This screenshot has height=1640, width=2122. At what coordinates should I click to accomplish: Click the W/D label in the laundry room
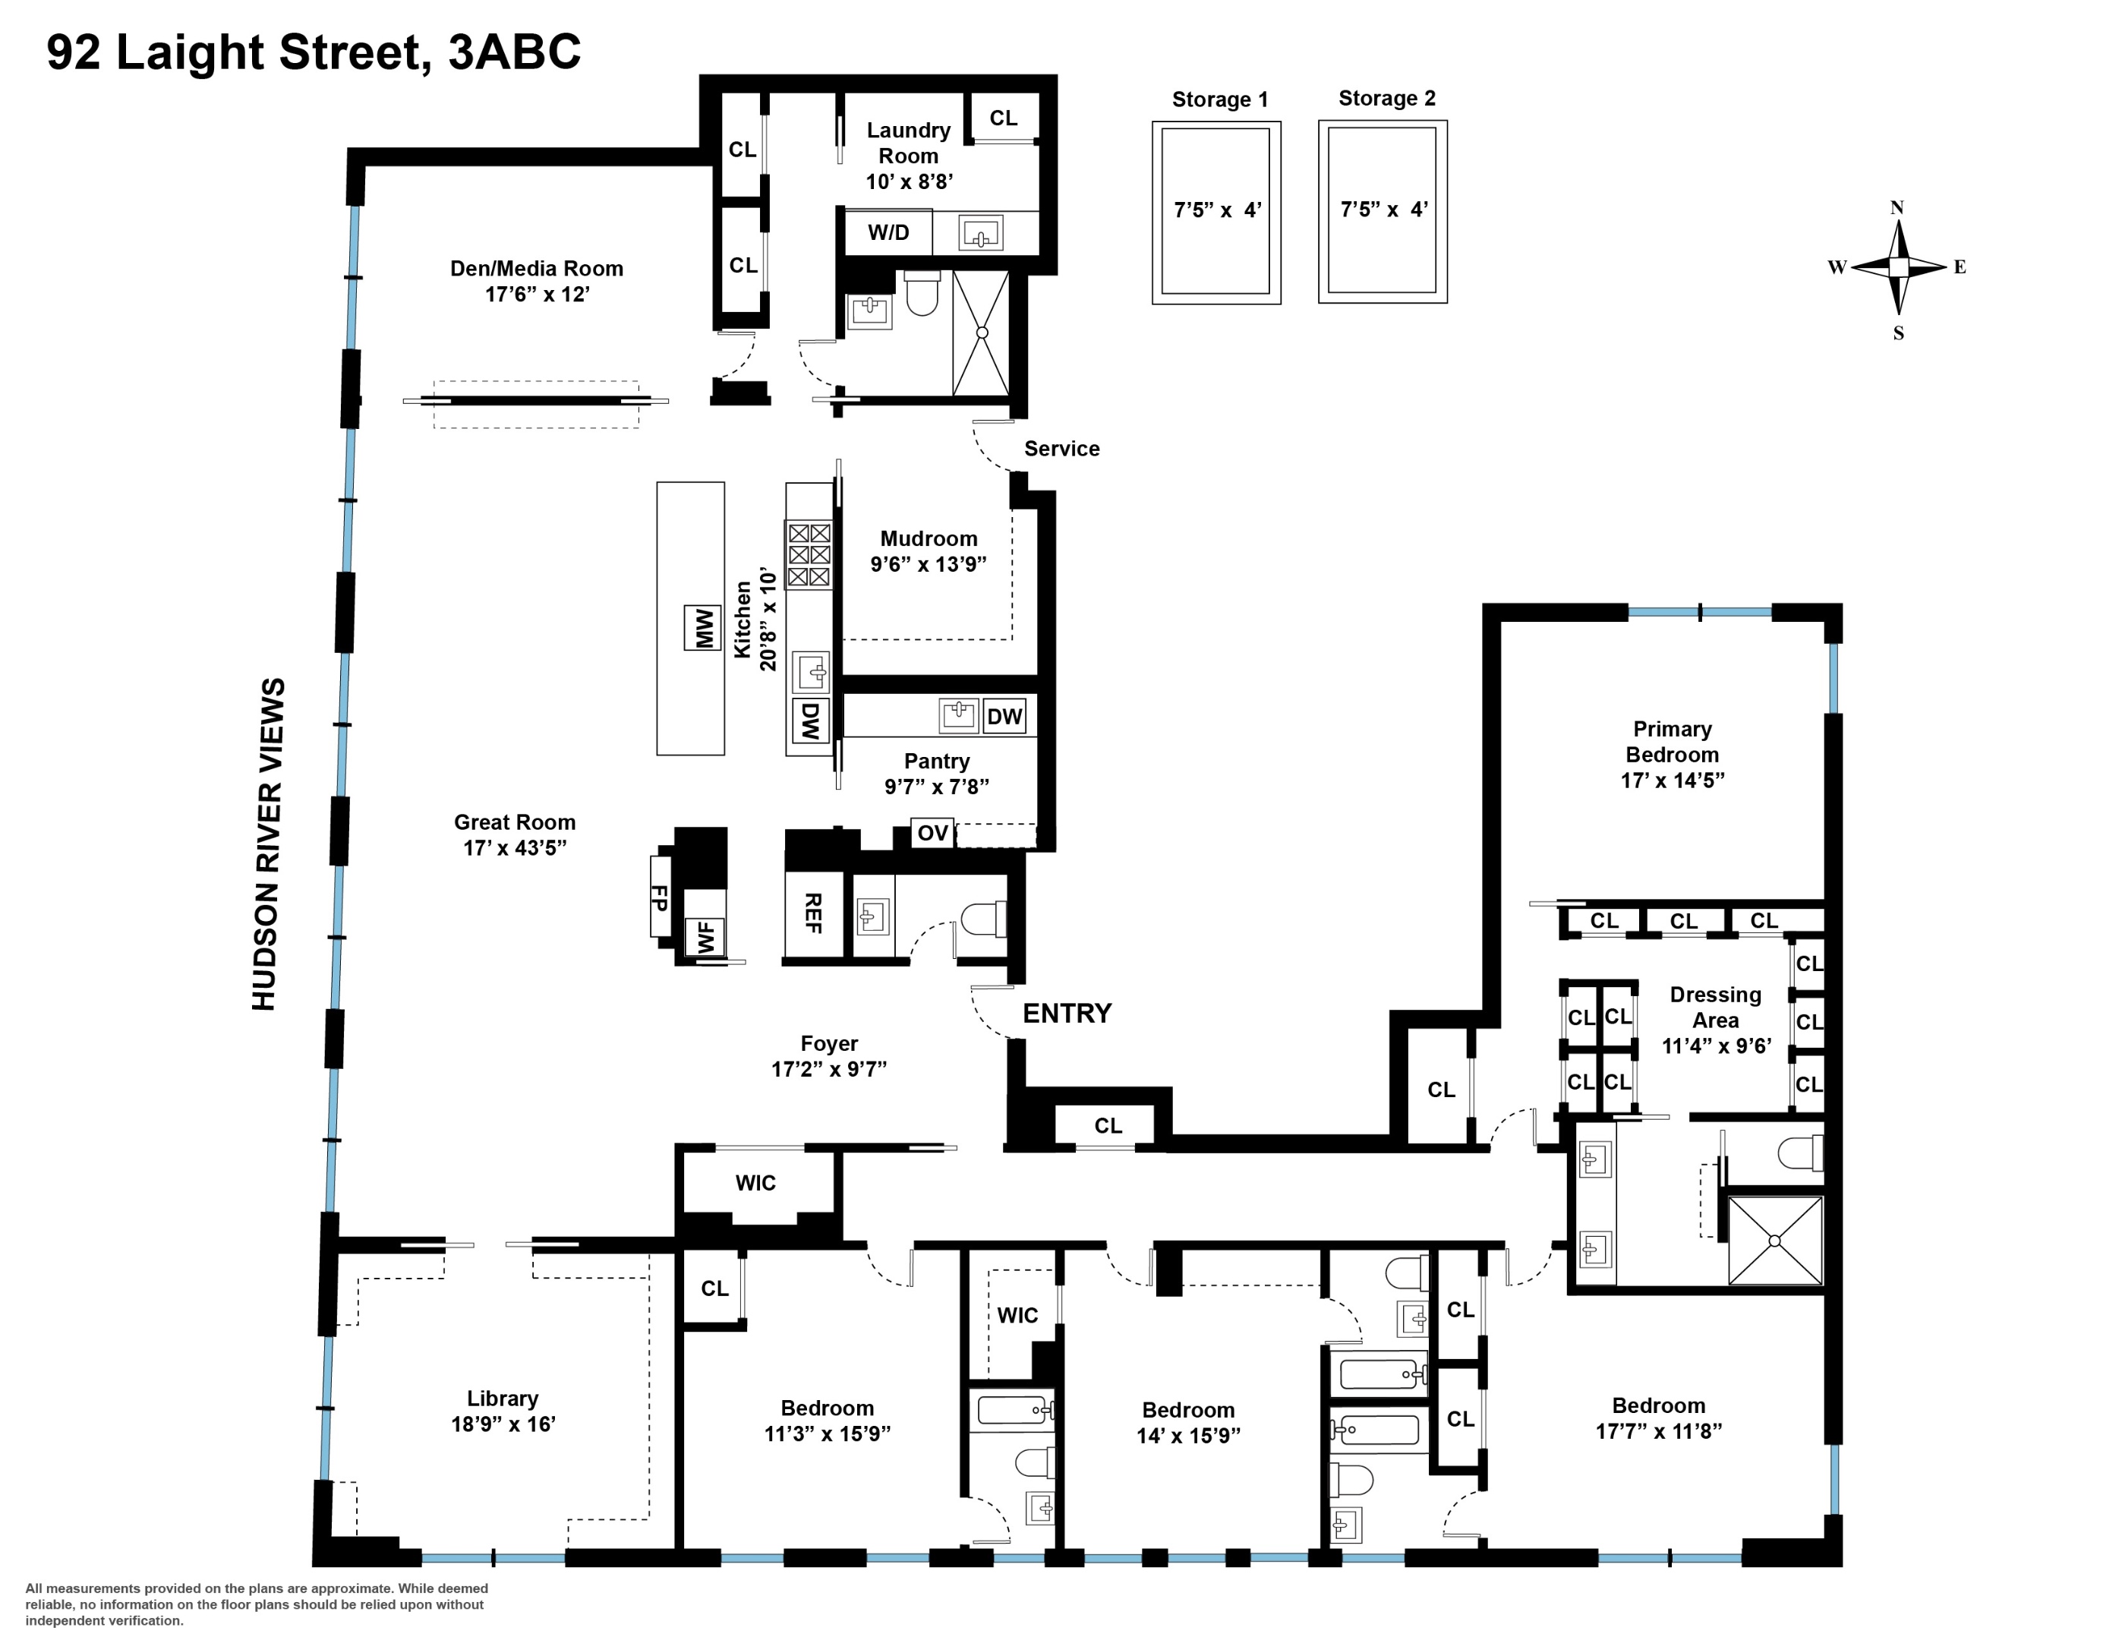[x=888, y=232]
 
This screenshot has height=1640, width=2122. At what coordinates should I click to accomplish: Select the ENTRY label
[x=1067, y=1014]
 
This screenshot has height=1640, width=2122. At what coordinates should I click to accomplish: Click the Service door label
[x=1061, y=449]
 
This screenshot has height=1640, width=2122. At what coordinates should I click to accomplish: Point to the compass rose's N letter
[x=1897, y=208]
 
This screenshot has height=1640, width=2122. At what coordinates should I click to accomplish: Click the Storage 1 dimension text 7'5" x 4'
[x=1216, y=210]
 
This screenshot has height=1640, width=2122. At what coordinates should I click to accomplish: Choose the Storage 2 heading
[x=1386, y=98]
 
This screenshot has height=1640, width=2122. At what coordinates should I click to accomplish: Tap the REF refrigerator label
[x=813, y=913]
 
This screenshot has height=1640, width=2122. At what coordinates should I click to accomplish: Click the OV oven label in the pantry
[x=932, y=833]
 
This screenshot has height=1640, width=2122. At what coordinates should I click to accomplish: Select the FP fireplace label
[x=660, y=897]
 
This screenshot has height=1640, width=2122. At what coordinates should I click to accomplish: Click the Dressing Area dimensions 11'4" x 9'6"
[x=1716, y=1046]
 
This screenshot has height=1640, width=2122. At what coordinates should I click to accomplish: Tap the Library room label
[x=503, y=1398]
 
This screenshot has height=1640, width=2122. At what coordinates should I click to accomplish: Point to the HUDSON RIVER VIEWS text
[x=267, y=844]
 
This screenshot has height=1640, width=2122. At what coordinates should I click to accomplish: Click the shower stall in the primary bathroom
[x=1774, y=1241]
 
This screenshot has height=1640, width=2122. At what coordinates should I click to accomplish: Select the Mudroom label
[x=928, y=538]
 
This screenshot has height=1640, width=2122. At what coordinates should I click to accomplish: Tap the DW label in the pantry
[x=1004, y=717]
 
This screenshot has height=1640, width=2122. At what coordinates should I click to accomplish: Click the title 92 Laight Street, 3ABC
[x=314, y=52]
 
